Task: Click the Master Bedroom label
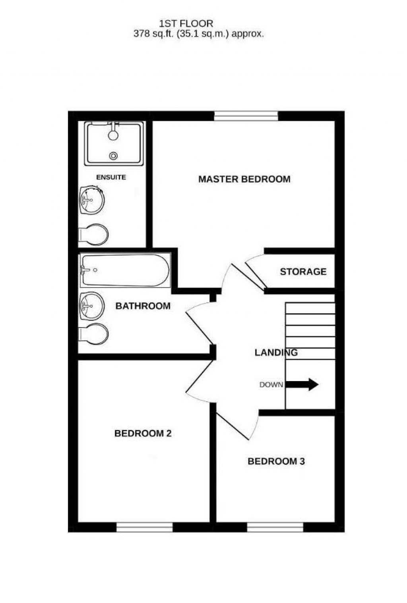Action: coord(244,179)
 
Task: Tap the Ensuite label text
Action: coord(111,177)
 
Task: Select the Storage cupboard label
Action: coord(303,272)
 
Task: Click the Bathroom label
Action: coord(143,306)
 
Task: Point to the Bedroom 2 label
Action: coord(143,433)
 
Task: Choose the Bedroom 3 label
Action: coord(276,461)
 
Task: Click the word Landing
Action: coord(276,353)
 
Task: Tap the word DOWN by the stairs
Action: coord(271,385)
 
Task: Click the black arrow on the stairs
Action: coord(302,384)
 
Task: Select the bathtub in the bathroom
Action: coord(125,270)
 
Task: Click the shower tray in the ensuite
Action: coord(114,144)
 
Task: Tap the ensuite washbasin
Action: coord(92,200)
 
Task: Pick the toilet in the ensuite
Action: coord(94,235)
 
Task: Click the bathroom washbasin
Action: coord(92,306)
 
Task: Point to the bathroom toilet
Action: coord(94,334)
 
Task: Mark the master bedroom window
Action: coord(246,116)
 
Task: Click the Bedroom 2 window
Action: coord(144,527)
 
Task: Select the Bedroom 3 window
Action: coord(275,527)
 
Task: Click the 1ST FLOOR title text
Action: coord(186,23)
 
